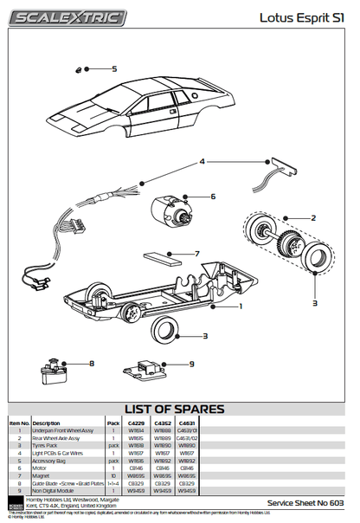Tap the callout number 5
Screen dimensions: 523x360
(114, 68)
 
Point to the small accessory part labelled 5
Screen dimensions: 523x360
(80, 70)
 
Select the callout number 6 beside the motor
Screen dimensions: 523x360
(213, 197)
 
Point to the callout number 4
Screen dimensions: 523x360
(202, 162)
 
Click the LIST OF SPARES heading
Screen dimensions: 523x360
(179, 409)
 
